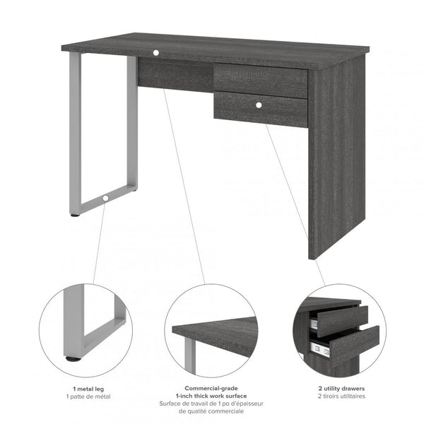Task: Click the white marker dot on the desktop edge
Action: point(155,52)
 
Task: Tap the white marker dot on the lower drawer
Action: point(259,105)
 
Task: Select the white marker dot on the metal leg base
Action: point(105,199)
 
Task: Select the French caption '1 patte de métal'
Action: point(90,397)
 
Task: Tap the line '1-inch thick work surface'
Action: point(211,396)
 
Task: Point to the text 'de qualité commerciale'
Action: point(211,411)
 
